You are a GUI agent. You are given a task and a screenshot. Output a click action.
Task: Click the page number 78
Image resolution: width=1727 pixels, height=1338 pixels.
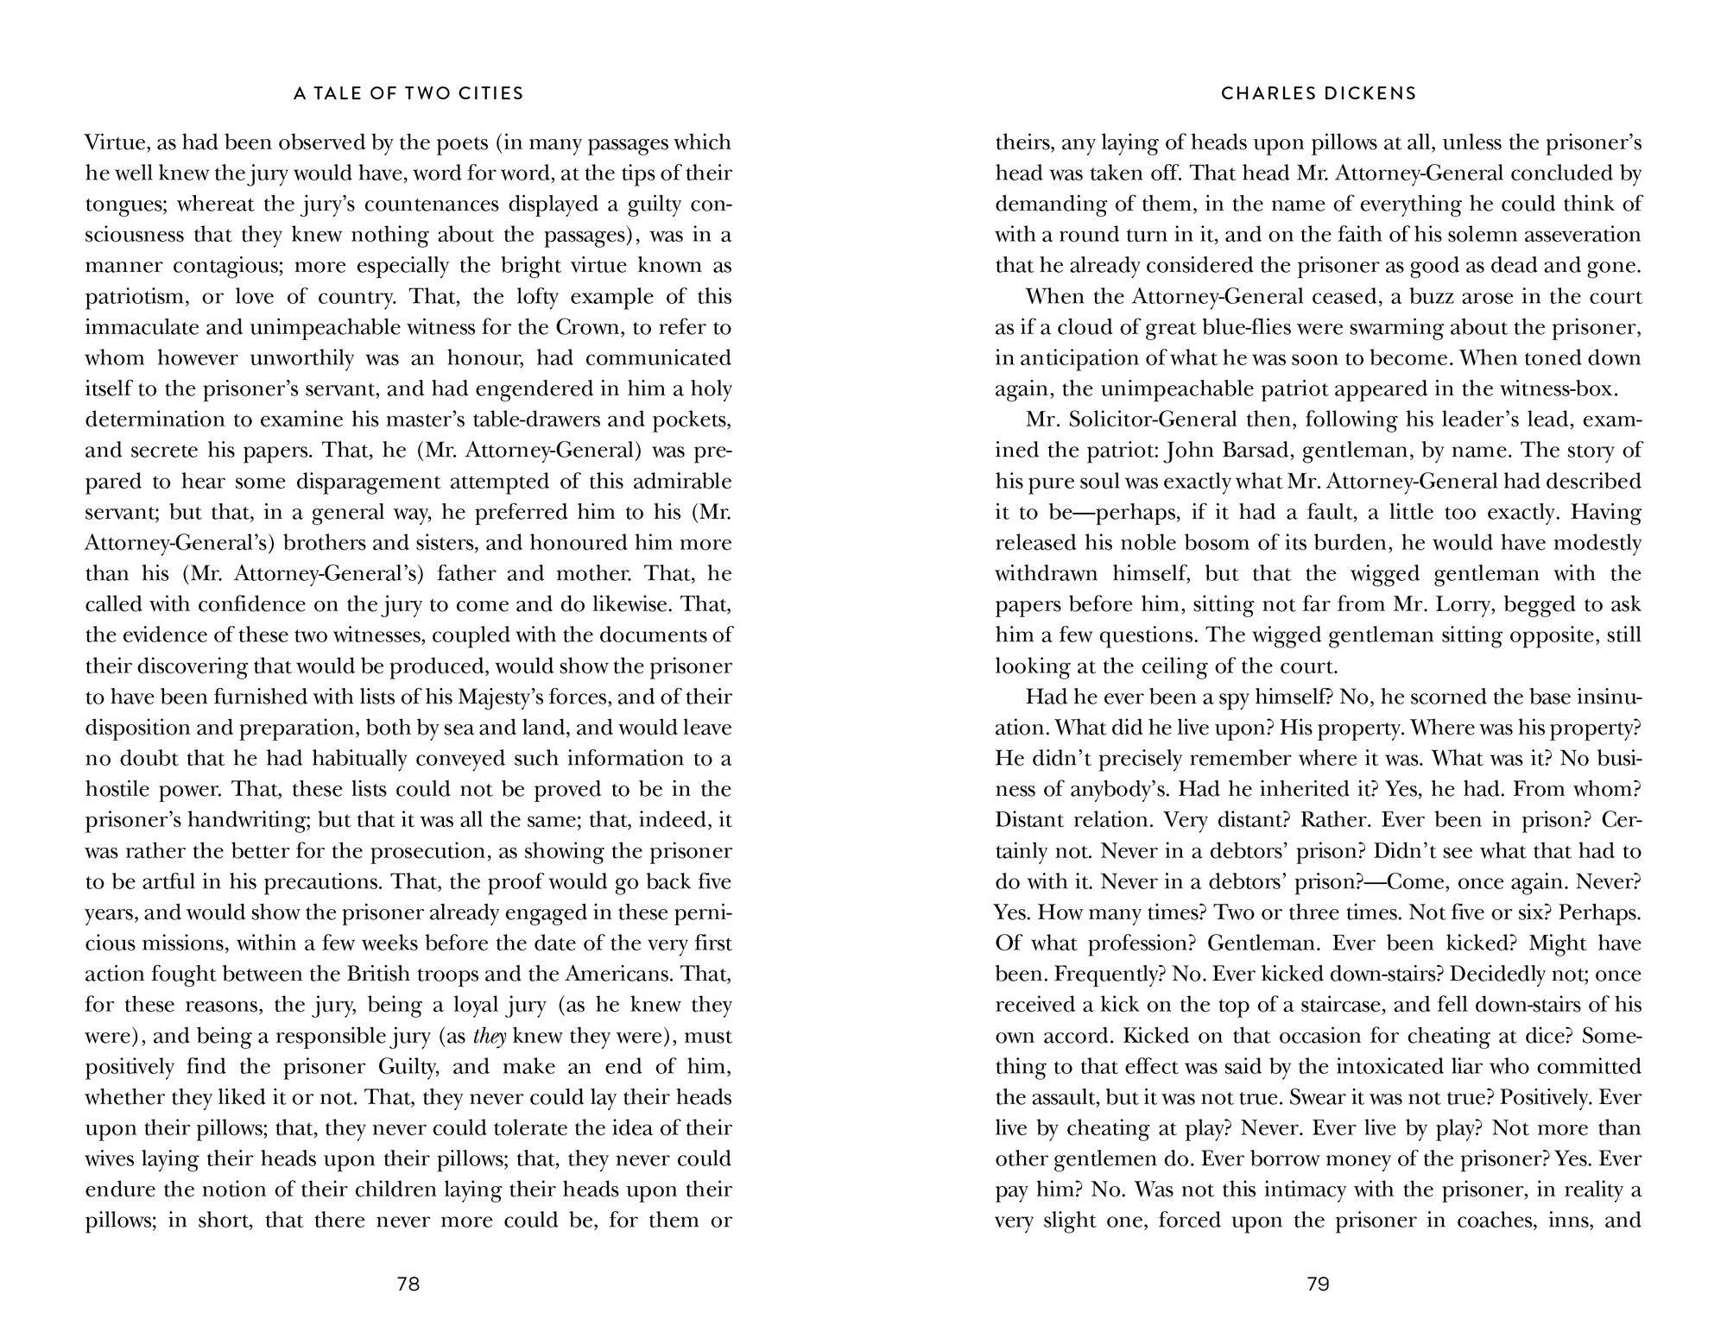pos(408,1284)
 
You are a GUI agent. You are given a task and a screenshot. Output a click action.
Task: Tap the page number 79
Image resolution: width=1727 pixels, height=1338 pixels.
pos(1318,1284)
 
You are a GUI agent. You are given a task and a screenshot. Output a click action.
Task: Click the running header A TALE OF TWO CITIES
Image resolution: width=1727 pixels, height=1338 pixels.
pos(408,93)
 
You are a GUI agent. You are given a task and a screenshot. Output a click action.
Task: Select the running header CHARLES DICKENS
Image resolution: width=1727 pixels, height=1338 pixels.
pos(1319,93)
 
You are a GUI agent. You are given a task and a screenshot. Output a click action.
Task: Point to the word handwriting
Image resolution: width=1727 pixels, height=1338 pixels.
pos(250,820)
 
